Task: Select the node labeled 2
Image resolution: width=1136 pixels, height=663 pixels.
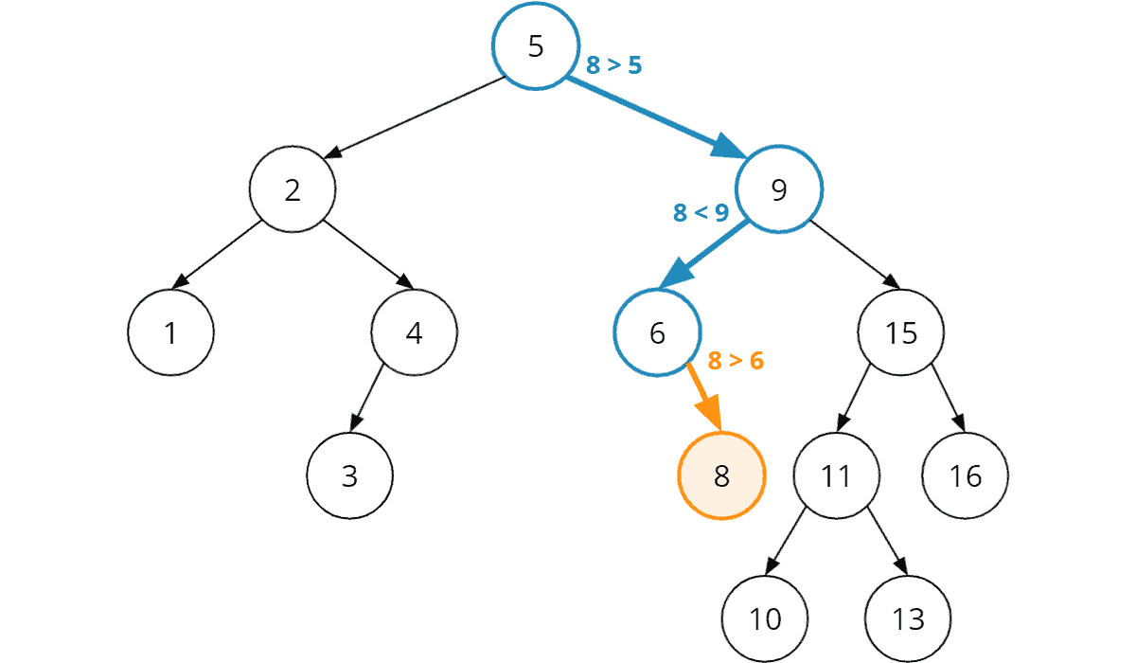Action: tap(293, 190)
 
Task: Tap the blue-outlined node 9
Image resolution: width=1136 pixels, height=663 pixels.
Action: tap(779, 190)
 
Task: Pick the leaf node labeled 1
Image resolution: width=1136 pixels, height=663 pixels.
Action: tap(170, 333)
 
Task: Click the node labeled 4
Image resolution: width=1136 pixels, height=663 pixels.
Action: tap(414, 333)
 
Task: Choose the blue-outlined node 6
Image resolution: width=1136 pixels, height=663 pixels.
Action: tap(657, 333)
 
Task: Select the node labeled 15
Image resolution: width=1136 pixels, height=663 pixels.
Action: tap(900, 333)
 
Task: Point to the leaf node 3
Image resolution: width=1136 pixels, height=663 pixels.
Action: tap(349, 475)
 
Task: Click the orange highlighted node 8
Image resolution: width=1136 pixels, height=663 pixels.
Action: tap(720, 475)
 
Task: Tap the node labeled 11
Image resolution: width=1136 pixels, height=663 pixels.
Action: tap(836, 475)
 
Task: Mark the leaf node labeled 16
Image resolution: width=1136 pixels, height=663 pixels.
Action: tap(966, 475)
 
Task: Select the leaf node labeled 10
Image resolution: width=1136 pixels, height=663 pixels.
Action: tap(765, 618)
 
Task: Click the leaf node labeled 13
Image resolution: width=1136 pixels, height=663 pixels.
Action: tap(907, 618)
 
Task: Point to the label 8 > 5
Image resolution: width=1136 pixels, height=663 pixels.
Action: tap(614, 65)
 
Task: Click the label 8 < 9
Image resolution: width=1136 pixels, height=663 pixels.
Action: tap(701, 213)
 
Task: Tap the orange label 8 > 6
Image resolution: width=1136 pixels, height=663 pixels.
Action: tap(736, 361)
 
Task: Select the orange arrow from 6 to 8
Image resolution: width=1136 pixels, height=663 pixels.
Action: tap(703, 395)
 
